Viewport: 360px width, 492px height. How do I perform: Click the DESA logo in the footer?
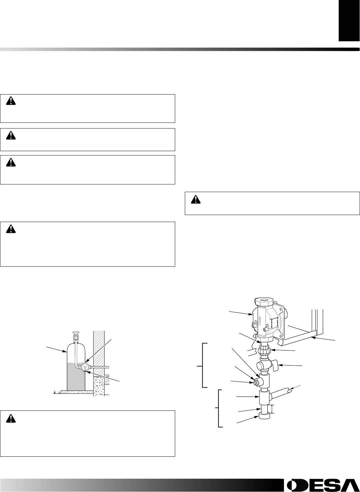click(x=320, y=485)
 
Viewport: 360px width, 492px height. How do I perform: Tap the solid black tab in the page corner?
click(x=349, y=21)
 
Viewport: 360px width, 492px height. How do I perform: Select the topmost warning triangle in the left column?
click(x=11, y=101)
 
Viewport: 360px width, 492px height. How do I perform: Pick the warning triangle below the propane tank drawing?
click(x=11, y=417)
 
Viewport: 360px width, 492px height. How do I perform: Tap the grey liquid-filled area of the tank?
click(x=76, y=378)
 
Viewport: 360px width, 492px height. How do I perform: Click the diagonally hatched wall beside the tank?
click(x=99, y=350)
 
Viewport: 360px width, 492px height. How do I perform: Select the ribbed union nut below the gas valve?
click(x=264, y=350)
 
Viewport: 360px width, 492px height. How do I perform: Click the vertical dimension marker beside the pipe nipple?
click(x=272, y=408)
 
